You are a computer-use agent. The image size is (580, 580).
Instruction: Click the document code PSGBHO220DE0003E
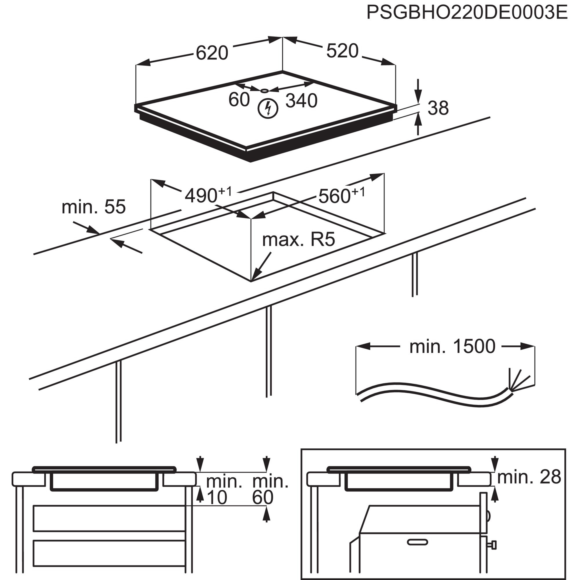(467, 12)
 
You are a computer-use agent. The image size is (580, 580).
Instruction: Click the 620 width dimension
(212, 53)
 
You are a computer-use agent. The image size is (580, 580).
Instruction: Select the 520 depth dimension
(342, 51)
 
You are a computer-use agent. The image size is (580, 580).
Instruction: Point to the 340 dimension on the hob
(301, 101)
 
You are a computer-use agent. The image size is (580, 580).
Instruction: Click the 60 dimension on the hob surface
(239, 100)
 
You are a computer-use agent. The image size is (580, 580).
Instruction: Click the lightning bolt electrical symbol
(268, 108)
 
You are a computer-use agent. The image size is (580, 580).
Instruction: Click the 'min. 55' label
(93, 207)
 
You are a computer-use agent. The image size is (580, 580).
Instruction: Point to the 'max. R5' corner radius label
(298, 240)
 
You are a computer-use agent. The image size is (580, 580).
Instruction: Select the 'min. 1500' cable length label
(452, 347)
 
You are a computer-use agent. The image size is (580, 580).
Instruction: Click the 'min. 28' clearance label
(529, 477)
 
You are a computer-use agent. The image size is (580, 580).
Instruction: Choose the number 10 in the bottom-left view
(217, 497)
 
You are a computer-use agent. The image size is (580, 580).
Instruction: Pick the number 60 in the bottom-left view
(263, 497)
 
